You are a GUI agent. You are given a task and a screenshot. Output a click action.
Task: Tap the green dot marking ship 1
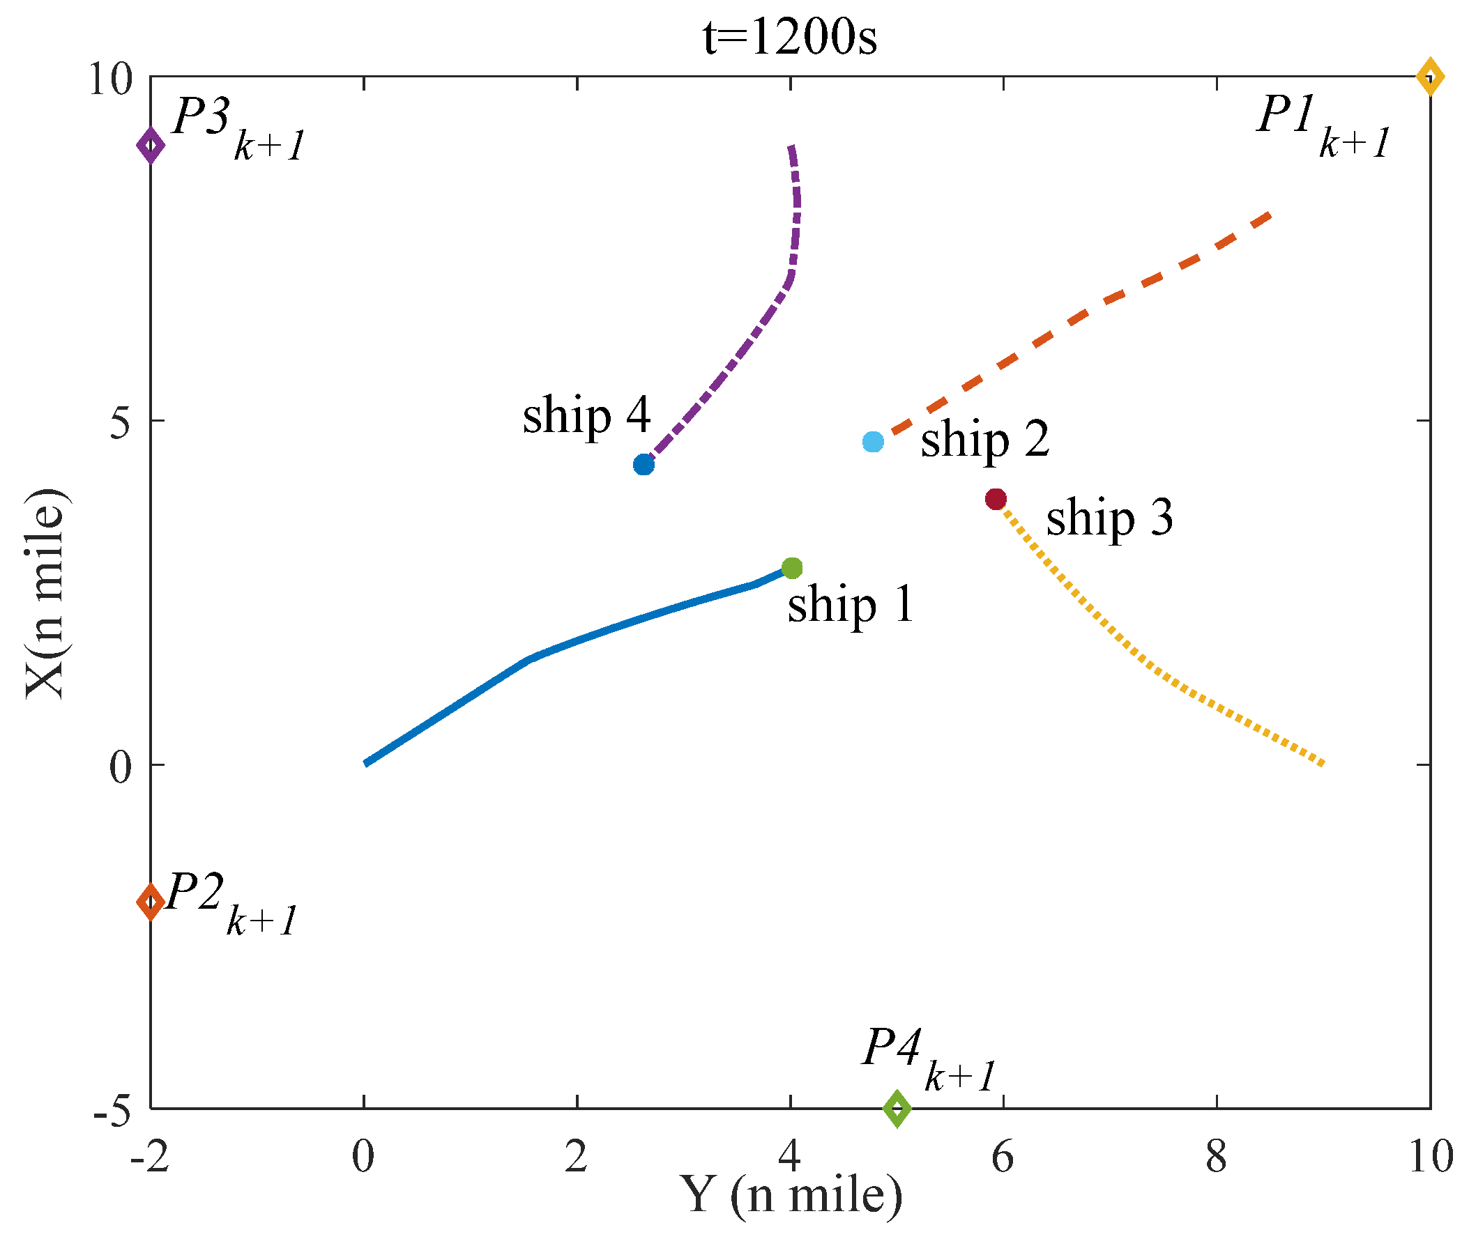[x=792, y=568]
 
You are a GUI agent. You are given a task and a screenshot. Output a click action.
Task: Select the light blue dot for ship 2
[x=873, y=442]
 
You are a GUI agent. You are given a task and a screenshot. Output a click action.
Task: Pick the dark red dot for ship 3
[x=996, y=499]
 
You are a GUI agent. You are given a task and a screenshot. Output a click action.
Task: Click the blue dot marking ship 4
[x=644, y=464]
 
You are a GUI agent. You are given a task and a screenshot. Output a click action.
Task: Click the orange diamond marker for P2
[x=151, y=901]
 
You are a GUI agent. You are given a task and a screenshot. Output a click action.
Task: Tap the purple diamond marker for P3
[x=151, y=146]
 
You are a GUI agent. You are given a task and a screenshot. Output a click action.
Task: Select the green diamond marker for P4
[x=897, y=1109]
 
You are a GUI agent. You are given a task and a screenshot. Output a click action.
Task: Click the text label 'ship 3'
[x=1109, y=518]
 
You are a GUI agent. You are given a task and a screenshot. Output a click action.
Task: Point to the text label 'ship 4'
[x=586, y=415]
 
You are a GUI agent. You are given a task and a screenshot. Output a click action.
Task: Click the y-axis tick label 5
[x=120, y=423]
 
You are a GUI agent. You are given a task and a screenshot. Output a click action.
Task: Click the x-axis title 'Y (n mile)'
[x=791, y=1197]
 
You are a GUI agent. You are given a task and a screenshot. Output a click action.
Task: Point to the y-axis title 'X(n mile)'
[x=45, y=593]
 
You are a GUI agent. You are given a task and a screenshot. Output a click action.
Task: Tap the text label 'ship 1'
[x=850, y=605]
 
